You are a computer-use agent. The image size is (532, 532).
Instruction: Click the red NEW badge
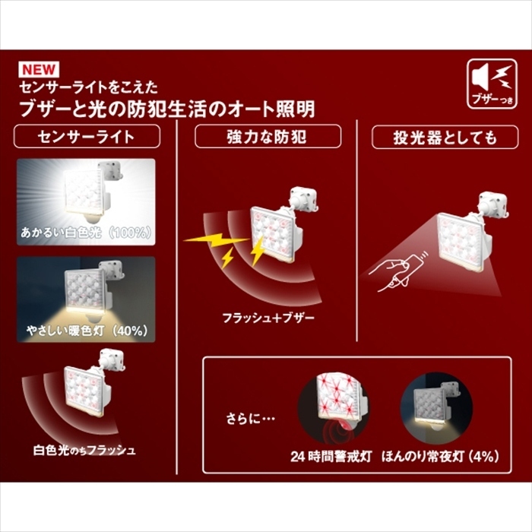[x=39, y=70]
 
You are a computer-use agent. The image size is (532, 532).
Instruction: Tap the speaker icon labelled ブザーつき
[x=492, y=84]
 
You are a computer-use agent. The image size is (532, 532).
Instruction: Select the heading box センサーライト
[x=87, y=136]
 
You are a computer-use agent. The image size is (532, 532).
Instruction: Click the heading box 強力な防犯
[x=268, y=136]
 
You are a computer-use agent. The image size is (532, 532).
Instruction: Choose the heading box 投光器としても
[x=445, y=137]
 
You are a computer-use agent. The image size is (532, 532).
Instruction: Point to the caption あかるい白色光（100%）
[x=86, y=233]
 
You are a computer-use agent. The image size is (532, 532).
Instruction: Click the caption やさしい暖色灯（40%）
[x=87, y=330]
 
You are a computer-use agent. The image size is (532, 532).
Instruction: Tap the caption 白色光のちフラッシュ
[x=84, y=450]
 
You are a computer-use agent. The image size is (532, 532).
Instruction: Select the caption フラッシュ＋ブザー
[x=268, y=318]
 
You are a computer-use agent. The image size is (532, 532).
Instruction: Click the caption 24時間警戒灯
[x=331, y=456]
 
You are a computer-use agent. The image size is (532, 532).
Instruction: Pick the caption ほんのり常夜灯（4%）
[x=440, y=456]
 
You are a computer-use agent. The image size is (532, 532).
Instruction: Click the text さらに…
[x=250, y=419]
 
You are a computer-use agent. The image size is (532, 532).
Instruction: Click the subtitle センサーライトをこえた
[x=89, y=87]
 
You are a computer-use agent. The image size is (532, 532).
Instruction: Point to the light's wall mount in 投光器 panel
[x=494, y=206]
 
